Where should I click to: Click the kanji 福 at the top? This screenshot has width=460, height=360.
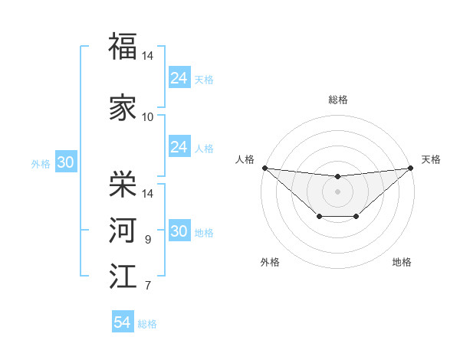tap(123, 46)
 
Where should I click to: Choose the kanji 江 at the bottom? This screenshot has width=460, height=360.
tap(123, 276)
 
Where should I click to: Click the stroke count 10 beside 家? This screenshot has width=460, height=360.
tap(147, 116)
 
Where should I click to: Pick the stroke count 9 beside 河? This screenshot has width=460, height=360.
tap(147, 240)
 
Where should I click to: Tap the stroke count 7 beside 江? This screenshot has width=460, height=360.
tap(147, 286)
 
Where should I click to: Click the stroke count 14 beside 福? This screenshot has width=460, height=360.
tap(147, 57)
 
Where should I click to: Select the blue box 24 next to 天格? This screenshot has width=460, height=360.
tap(179, 77)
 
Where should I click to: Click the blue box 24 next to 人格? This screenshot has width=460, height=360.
tap(179, 147)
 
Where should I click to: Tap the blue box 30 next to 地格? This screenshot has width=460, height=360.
tap(179, 232)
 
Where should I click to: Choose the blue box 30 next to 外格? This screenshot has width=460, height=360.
tap(65, 162)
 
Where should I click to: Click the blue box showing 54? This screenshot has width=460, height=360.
tap(123, 322)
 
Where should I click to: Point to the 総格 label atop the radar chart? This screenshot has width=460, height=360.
tap(337, 100)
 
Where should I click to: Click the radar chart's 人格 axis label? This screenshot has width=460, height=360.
tap(245, 159)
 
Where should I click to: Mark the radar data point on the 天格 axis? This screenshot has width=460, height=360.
tap(411, 168)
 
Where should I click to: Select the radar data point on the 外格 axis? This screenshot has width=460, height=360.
tap(319, 218)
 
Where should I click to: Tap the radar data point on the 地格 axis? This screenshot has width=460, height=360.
tap(356, 218)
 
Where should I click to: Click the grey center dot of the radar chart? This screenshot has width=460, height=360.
tap(337, 191)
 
